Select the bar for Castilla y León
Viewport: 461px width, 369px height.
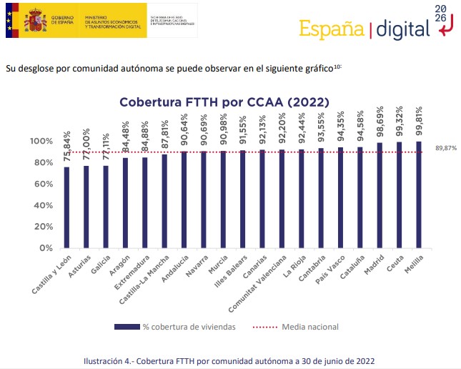(66, 207)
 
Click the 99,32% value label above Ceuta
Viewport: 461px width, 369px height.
(399, 124)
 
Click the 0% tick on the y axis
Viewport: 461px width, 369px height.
(46, 248)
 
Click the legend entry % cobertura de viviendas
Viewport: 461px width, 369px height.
(175, 327)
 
